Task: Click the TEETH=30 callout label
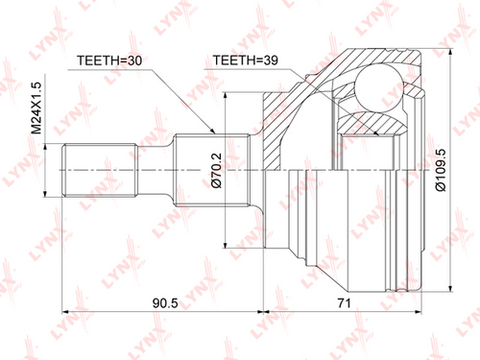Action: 109,60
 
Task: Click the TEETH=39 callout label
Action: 246,60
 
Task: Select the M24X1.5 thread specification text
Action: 36,108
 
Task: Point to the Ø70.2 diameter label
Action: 216,170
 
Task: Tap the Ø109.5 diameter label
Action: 441,170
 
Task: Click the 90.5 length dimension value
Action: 165,302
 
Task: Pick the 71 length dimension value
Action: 345,302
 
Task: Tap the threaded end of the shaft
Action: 100,170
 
